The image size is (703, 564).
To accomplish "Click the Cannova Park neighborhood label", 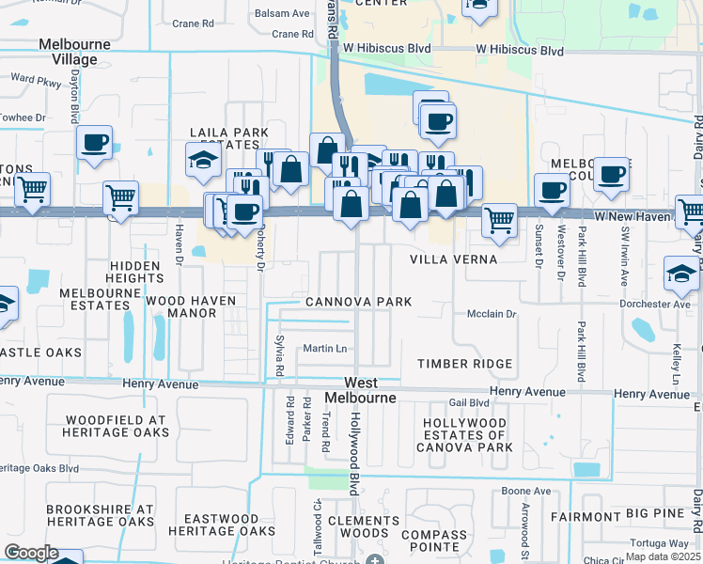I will point(358,302).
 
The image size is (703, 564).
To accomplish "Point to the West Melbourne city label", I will point(362,390).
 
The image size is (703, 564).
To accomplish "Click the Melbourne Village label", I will point(74,52).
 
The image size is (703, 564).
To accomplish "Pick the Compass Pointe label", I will point(433,540).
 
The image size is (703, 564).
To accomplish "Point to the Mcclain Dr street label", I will point(492,314).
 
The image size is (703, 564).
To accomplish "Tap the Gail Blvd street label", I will point(469,402).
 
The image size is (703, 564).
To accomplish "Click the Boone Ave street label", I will point(525,491).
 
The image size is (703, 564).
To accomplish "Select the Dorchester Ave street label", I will point(656,304).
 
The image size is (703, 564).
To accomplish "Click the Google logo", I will point(30,554).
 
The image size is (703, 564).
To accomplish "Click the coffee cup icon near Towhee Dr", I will point(95,143).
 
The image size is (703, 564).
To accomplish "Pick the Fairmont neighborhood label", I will point(585,516).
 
